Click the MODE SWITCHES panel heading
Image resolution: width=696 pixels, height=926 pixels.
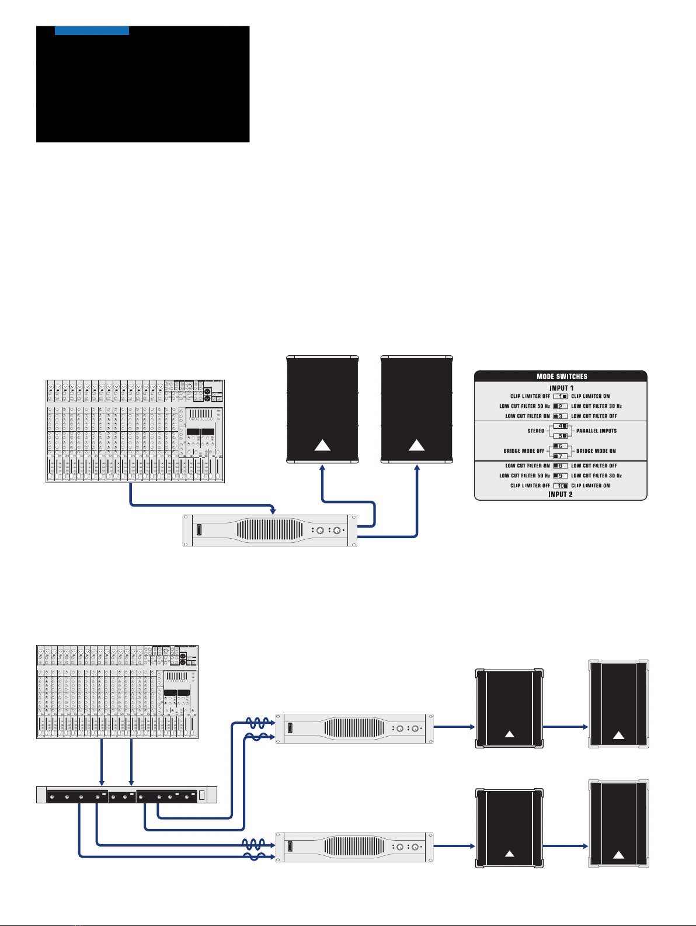pos(561,377)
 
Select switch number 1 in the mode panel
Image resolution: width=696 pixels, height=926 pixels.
pos(561,396)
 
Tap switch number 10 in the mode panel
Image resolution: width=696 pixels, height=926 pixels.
pos(561,485)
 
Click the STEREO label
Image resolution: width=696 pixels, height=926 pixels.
pos(535,431)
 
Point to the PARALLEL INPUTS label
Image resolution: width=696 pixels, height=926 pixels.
pos(596,431)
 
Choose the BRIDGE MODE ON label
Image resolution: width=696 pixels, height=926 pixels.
pos(596,451)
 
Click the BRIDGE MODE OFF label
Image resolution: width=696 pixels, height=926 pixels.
pos(524,451)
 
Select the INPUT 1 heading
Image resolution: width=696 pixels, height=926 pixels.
pos(561,387)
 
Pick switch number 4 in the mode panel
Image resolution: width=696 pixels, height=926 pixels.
pos(561,426)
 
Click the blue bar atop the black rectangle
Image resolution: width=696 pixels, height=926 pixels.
pos(92,30)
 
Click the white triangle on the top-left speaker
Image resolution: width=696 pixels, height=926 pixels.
pos(322,446)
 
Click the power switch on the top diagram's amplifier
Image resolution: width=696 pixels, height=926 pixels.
pos(200,530)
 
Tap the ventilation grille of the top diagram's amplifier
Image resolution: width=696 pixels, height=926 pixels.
pos(270,530)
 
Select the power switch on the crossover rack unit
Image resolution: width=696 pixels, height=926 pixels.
pos(201,795)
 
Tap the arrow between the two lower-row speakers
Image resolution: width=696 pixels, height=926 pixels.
pos(565,845)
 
